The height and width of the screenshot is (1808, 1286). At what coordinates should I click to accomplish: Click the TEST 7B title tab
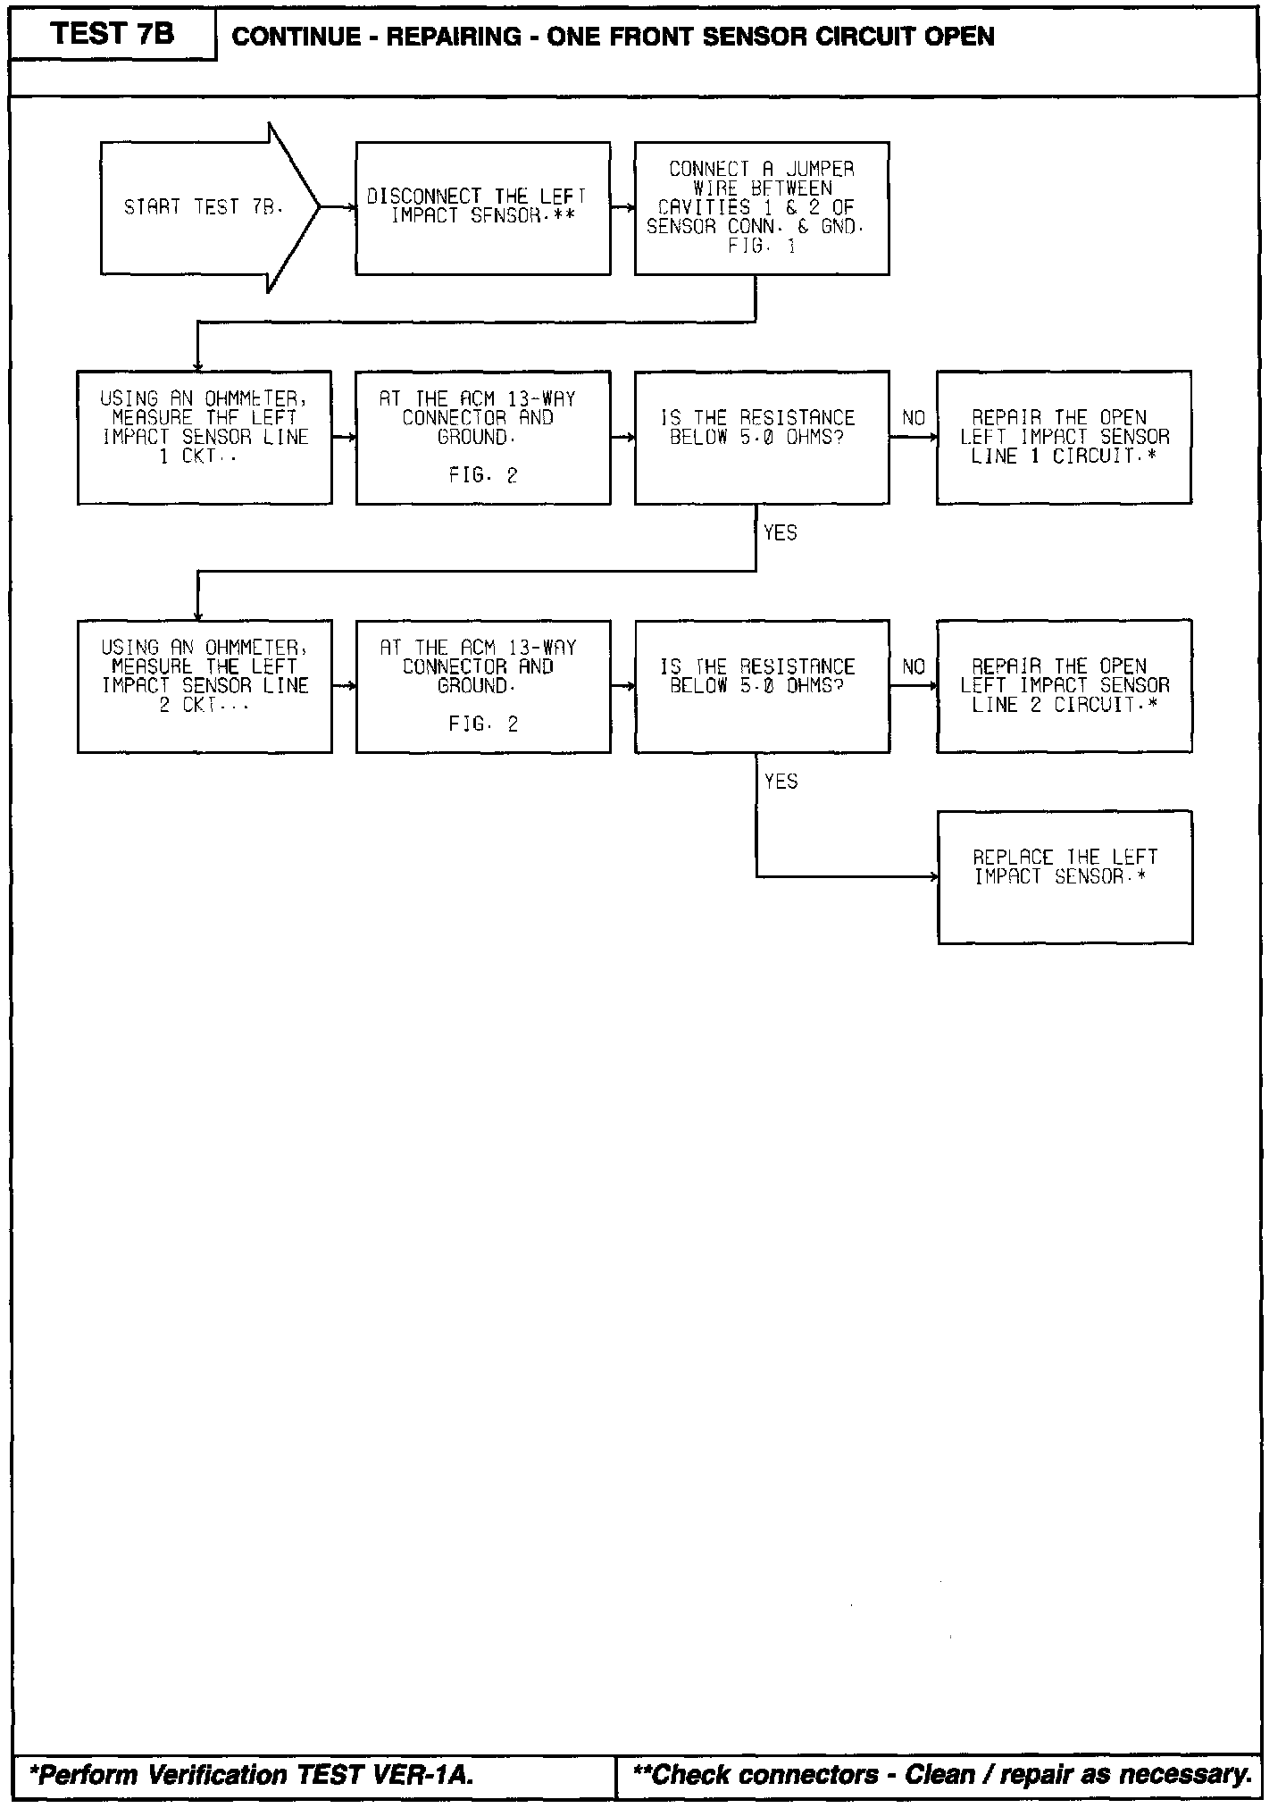[113, 35]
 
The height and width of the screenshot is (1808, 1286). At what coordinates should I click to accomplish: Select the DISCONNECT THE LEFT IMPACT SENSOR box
[483, 207]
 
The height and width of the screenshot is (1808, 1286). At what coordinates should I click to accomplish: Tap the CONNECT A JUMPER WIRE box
[762, 207]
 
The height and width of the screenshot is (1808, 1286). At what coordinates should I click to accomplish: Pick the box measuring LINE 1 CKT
[205, 437]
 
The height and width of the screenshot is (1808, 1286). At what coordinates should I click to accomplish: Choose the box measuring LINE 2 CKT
[205, 686]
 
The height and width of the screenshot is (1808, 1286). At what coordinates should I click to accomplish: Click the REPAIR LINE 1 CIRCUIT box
[1064, 437]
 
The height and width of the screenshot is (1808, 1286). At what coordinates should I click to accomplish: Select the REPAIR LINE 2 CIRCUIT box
[1064, 686]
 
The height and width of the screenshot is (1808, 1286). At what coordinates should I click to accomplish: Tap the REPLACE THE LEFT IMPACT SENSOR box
[1065, 876]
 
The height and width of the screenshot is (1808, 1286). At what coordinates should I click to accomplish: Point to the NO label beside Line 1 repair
[914, 418]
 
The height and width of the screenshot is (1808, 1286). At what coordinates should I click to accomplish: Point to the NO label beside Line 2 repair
[914, 667]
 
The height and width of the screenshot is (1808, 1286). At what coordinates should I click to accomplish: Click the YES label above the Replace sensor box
[781, 782]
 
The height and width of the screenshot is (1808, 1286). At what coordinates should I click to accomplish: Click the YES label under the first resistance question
[781, 533]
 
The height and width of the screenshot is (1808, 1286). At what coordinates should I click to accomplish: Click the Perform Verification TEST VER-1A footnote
[252, 1774]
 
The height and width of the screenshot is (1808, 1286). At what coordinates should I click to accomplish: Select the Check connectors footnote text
[941, 1774]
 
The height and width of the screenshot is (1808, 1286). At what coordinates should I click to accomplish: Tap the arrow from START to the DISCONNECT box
[337, 207]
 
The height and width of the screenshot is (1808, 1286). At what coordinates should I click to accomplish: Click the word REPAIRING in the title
[454, 37]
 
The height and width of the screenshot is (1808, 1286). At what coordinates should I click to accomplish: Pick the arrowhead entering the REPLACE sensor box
[934, 877]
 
